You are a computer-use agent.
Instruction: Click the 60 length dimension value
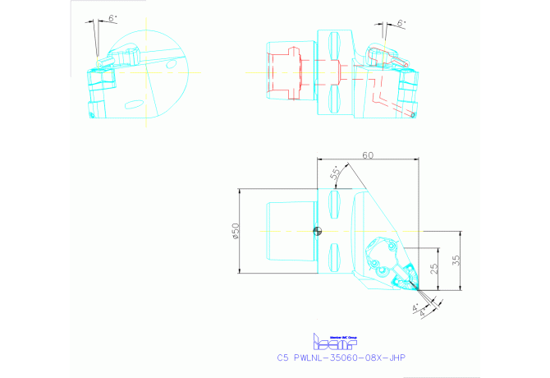[x=366, y=155]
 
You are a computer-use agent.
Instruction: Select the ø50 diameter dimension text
[x=236, y=232]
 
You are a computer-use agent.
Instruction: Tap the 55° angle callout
[x=335, y=173]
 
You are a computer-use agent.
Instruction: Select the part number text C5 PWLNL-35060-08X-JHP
[x=341, y=357]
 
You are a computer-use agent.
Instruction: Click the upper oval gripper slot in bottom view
[x=334, y=202]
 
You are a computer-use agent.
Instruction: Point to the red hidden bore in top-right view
[x=287, y=71]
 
